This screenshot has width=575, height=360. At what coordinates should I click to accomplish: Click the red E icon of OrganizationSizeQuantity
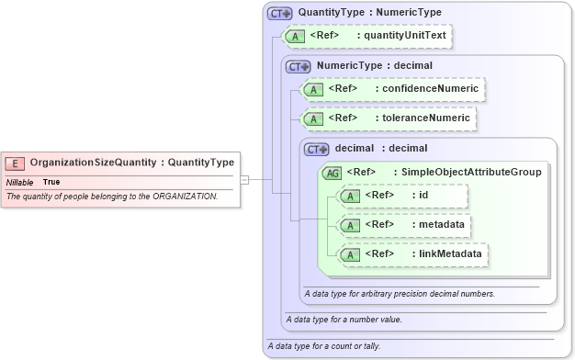tap(16, 163)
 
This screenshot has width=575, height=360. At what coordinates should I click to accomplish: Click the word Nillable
tap(20, 182)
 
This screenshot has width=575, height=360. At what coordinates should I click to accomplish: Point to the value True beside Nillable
tap(51, 182)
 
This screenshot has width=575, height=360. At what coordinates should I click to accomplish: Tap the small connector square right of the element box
tap(244, 180)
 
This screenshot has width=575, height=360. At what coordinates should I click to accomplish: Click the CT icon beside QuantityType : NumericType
tap(279, 14)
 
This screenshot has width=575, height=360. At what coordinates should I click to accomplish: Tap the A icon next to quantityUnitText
tap(295, 37)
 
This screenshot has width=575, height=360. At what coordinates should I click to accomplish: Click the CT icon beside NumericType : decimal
tap(299, 66)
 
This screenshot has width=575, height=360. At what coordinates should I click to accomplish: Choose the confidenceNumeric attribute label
tap(429, 89)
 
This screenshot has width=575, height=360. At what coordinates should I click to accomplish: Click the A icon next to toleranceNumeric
tap(313, 118)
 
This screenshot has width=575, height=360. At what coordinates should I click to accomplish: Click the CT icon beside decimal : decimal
tap(317, 148)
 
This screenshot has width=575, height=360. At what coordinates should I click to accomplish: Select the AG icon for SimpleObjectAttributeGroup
tap(331, 172)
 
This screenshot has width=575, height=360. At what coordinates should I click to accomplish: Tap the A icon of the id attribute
tap(350, 196)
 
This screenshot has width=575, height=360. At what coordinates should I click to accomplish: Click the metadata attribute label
tap(440, 223)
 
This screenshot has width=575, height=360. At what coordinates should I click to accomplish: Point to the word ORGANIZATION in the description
tap(186, 197)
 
